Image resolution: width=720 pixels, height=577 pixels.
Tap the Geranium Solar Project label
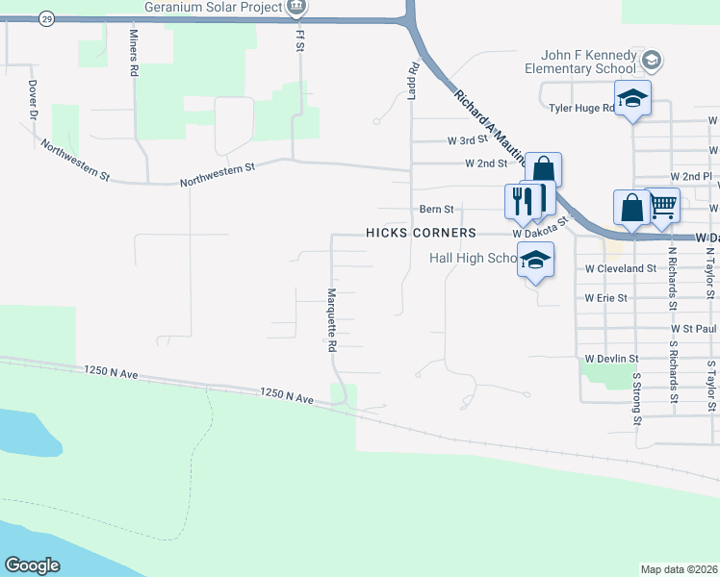[x=213, y=7]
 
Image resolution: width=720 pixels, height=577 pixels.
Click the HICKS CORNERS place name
[x=421, y=234]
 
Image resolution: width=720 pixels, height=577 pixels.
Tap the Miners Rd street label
[x=134, y=53]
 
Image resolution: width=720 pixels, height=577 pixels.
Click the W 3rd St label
[x=471, y=140]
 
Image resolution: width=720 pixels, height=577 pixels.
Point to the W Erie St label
[x=605, y=298]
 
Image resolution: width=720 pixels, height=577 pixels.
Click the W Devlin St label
[x=607, y=358]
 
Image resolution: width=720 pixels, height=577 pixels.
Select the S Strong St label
[x=637, y=396]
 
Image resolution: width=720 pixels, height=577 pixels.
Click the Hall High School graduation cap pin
[x=536, y=259]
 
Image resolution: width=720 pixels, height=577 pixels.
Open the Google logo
[x=33, y=565]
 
